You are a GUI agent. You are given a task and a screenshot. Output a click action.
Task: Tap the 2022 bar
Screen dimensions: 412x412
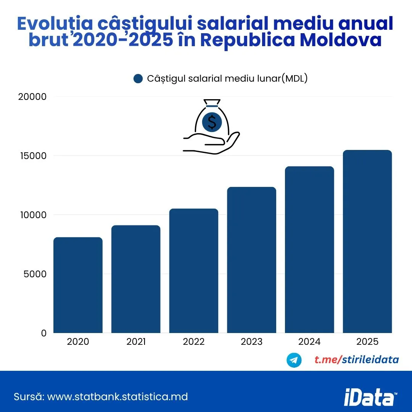(194, 270)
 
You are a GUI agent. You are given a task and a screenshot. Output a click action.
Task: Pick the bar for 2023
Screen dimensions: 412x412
(251, 260)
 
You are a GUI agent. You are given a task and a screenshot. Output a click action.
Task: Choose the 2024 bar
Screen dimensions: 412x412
(309, 249)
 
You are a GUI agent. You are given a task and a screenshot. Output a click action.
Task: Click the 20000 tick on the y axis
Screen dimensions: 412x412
(32, 97)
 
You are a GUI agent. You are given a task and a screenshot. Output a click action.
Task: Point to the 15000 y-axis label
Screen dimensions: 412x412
(32, 156)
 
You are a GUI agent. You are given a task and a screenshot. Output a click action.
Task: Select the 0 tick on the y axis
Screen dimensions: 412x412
(44, 333)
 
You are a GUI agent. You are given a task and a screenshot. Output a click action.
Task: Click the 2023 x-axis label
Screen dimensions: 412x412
(251, 341)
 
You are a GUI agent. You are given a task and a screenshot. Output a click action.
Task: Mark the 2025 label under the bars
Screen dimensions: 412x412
(367, 341)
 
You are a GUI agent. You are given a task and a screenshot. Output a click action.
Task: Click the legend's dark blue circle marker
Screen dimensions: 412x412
(138, 79)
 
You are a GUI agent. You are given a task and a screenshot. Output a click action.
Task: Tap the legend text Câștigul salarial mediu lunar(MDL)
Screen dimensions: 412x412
(227, 79)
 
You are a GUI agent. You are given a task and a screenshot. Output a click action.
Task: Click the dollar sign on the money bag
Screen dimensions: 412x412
(212, 122)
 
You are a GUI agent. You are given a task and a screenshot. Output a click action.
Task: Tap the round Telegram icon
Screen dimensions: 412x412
(294, 360)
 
